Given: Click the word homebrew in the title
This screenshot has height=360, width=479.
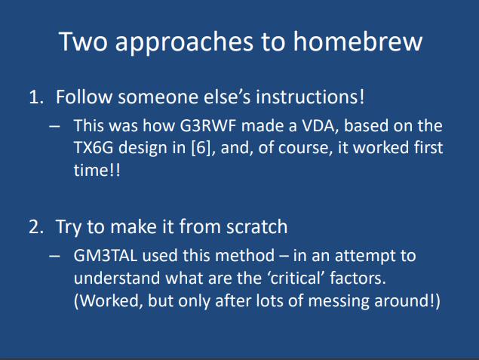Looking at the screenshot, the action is [x=358, y=42].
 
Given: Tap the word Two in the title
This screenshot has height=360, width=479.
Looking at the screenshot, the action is [x=83, y=42].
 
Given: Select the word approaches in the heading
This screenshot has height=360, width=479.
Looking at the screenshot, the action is [x=184, y=43].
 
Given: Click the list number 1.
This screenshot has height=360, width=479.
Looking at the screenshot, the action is [x=35, y=97].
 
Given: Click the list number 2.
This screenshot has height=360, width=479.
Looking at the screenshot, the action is [x=36, y=227].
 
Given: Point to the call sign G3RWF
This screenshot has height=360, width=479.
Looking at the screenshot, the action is [x=208, y=125].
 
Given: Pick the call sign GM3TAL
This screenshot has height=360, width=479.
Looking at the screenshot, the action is [x=106, y=256].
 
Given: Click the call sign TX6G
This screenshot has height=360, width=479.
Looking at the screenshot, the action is [x=94, y=148].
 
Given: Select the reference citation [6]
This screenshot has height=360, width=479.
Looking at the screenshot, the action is [x=201, y=148].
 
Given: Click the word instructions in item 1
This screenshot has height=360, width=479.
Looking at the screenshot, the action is [x=310, y=97].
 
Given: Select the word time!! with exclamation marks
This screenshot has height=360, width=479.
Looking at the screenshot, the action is [x=97, y=170].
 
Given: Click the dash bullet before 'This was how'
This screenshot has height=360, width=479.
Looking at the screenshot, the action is [x=54, y=126].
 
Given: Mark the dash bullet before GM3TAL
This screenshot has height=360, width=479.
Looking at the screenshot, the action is [x=54, y=256].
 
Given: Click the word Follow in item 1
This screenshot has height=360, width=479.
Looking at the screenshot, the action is [x=84, y=97].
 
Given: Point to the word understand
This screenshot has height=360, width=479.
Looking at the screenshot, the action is [x=117, y=278].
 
